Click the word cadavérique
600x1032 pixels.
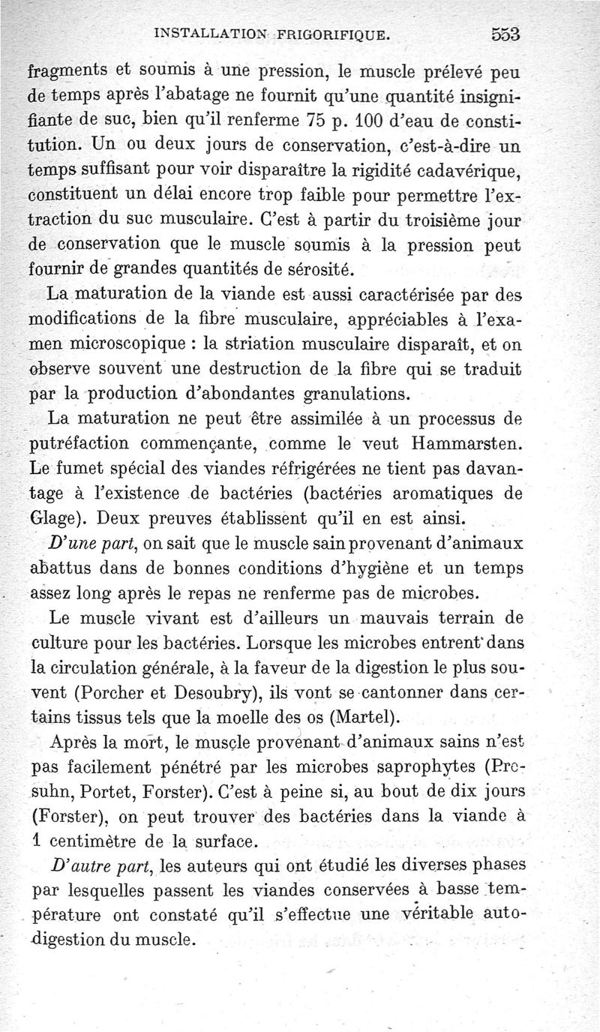pyautogui.click(x=469, y=172)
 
